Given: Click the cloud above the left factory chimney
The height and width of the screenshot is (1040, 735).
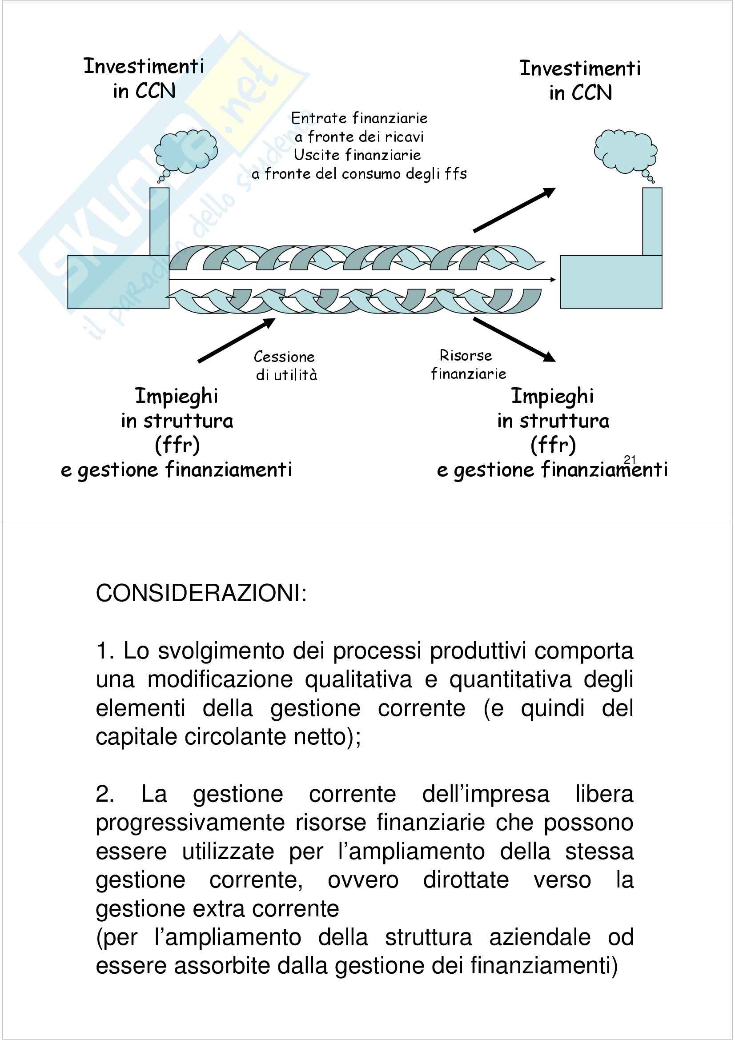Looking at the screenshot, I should click(x=186, y=152).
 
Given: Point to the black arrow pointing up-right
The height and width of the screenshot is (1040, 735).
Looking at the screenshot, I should click(x=514, y=210).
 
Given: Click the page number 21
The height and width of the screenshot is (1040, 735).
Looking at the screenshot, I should click(x=630, y=459).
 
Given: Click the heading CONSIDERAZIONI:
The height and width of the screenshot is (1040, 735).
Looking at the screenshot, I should click(x=201, y=593).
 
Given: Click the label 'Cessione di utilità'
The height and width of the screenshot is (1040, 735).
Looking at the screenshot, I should click(x=285, y=365).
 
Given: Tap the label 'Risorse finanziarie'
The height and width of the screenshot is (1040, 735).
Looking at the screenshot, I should click(x=467, y=365).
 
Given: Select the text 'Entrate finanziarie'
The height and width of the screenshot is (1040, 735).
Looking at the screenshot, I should click(x=359, y=118).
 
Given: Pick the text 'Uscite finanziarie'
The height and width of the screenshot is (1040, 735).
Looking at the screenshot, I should click(x=357, y=155).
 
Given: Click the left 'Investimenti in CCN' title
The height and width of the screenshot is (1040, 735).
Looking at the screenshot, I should click(x=144, y=78).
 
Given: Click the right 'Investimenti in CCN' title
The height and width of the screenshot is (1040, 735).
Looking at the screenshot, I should click(x=580, y=80).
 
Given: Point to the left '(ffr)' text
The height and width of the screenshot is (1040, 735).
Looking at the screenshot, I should click(x=177, y=445).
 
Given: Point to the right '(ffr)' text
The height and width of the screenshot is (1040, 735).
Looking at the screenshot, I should click(x=553, y=445).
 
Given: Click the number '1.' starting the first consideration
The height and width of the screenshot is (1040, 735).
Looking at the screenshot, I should click(x=104, y=651).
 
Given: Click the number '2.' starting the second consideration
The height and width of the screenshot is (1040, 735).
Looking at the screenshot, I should click(x=104, y=794).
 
